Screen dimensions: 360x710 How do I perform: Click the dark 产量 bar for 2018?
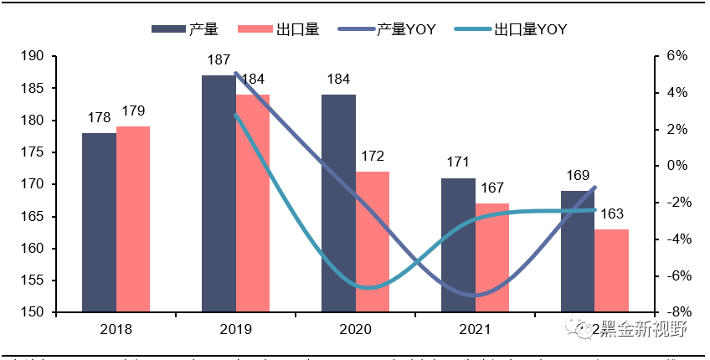(x=99, y=223)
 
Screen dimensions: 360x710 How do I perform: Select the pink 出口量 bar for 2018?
(x=133, y=219)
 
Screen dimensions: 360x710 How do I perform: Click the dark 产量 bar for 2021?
(x=458, y=245)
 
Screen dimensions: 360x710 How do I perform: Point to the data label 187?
(x=219, y=60)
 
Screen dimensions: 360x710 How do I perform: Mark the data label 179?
(x=134, y=111)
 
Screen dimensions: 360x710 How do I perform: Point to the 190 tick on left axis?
(x=33, y=56)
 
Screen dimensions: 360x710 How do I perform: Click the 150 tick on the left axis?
(x=33, y=312)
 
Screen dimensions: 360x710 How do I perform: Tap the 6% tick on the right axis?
(x=676, y=56)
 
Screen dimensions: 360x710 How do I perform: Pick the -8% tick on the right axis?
(x=675, y=312)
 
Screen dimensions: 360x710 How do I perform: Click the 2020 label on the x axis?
(x=355, y=329)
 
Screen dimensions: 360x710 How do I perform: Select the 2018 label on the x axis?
(x=116, y=329)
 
